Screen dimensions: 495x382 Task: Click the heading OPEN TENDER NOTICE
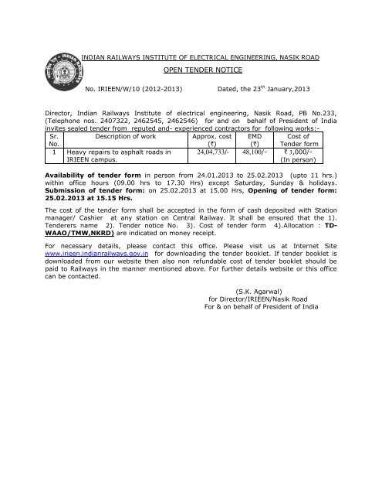coord(196,68)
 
